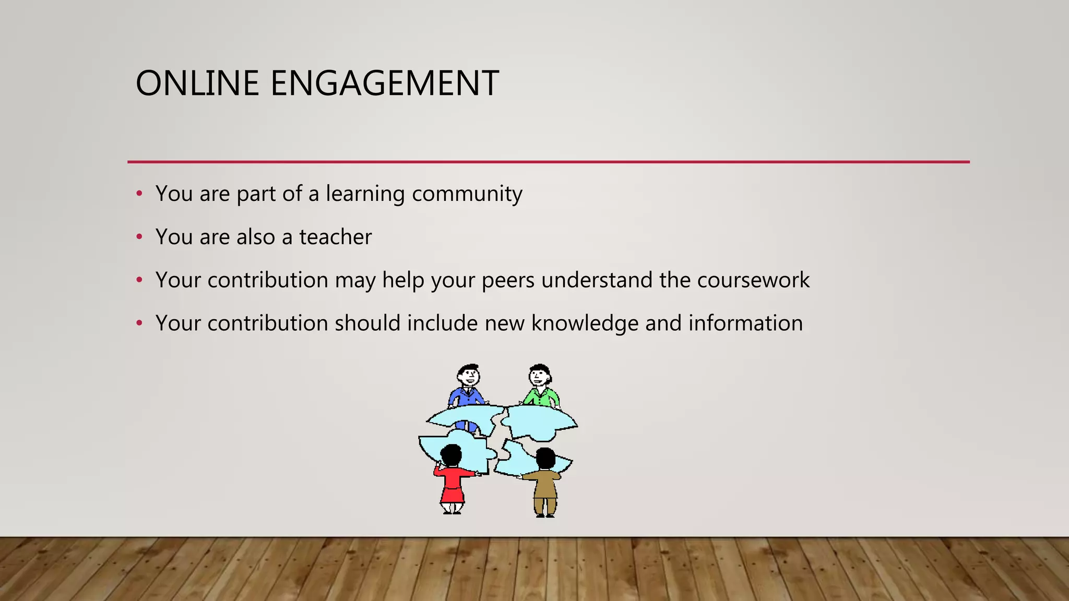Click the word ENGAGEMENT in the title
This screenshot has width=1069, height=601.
pos(385,83)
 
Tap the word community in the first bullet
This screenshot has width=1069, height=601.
pos(467,194)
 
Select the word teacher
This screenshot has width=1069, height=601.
pos(335,237)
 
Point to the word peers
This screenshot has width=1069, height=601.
pos(508,281)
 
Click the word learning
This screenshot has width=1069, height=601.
pos(365,194)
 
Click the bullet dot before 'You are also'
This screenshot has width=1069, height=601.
pos(139,237)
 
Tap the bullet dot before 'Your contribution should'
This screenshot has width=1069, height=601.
pos(139,324)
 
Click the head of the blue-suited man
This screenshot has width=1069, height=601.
pos(468,375)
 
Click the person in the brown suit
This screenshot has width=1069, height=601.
pos(545,483)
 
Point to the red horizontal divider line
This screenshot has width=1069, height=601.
pos(548,162)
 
